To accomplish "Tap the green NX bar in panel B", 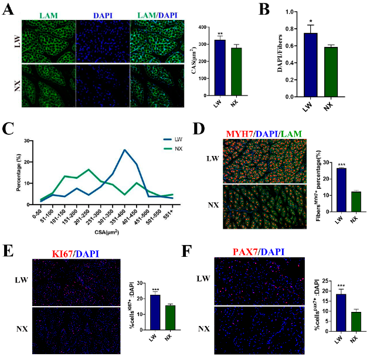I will (332, 72).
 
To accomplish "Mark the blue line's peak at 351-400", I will (125, 150).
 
